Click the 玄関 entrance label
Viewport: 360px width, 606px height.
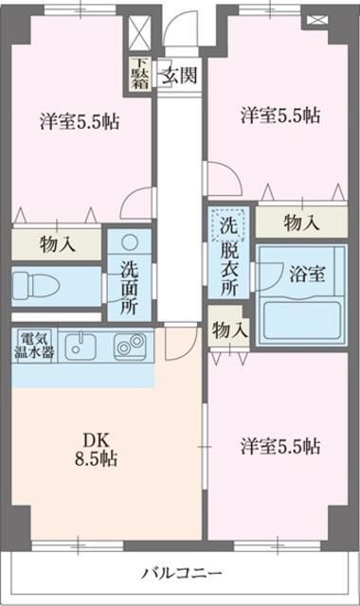pyautogui.click(x=180, y=77)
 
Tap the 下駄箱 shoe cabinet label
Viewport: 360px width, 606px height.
pyautogui.click(x=139, y=74)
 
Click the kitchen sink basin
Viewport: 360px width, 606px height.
pyautogui.click(x=81, y=345)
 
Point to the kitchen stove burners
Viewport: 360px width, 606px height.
pyautogui.click(x=130, y=347)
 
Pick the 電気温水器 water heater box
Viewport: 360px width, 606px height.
pyautogui.click(x=34, y=345)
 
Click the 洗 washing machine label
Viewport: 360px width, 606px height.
pyautogui.click(x=228, y=226)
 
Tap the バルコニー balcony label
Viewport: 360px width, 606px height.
pyautogui.click(x=181, y=574)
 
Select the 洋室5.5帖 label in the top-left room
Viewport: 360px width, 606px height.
pyautogui.click(x=79, y=122)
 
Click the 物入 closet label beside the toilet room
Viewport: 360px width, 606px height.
pyautogui.click(x=57, y=243)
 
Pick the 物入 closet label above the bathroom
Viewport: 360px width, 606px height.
pyautogui.click(x=301, y=223)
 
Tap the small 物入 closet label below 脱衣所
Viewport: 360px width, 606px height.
pyautogui.click(x=229, y=331)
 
